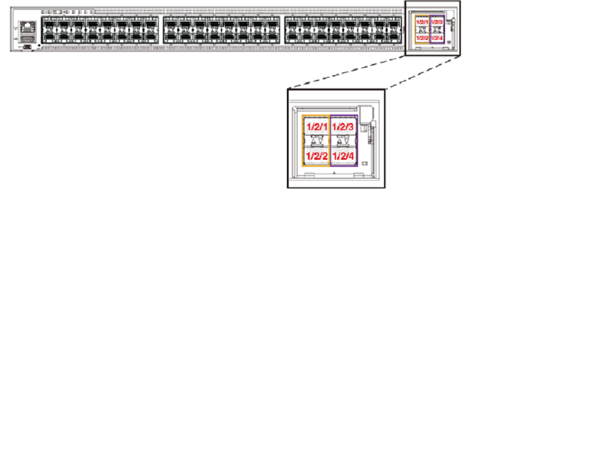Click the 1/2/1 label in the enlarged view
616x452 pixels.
(316, 127)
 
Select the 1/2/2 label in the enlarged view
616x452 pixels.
(316, 155)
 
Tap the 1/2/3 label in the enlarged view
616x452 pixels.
(344, 127)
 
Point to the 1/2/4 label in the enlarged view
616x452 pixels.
(344, 155)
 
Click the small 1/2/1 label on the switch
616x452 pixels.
(423, 22)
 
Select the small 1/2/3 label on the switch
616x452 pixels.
(437, 22)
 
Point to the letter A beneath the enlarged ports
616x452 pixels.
(334, 179)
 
